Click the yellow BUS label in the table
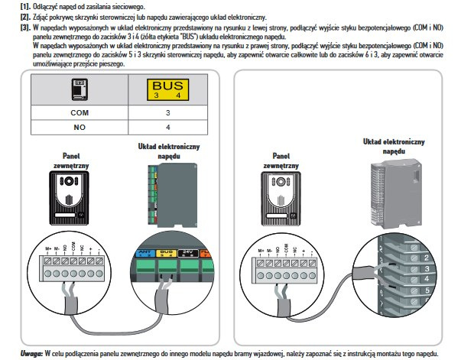pos(167,90)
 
